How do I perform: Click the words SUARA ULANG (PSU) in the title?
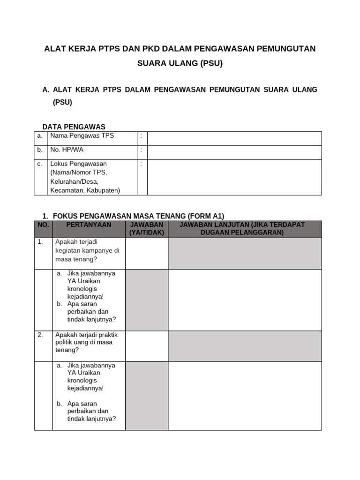pyautogui.click(x=180, y=64)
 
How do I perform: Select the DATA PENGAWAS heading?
pyautogui.click(x=74, y=127)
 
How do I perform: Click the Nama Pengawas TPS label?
pyautogui.click(x=82, y=136)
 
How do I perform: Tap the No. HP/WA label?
pyautogui.click(x=67, y=150)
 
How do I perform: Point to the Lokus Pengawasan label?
pyautogui.click(x=78, y=164)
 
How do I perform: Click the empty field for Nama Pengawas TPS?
pyautogui.click(x=234, y=138)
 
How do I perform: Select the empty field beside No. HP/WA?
pyautogui.click(x=234, y=152)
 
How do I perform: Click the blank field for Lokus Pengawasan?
pyautogui.click(x=234, y=177)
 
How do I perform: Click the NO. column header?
pyautogui.click(x=43, y=225)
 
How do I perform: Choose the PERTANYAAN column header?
pyautogui.click(x=89, y=225)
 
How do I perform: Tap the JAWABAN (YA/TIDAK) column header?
pyautogui.click(x=146, y=229)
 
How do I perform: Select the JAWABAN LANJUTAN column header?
pyautogui.click(x=245, y=229)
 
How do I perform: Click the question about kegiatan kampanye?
pyautogui.click(x=87, y=250)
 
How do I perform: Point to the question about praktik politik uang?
pyautogui.click(x=86, y=342)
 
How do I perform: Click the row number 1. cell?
pyautogui.click(x=41, y=242)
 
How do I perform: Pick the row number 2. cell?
pyautogui.click(x=41, y=335)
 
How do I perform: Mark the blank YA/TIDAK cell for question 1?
pyautogui.click(x=146, y=253)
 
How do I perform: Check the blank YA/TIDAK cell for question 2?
pyautogui.click(x=146, y=346)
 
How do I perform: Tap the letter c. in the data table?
pyautogui.click(x=40, y=164)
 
